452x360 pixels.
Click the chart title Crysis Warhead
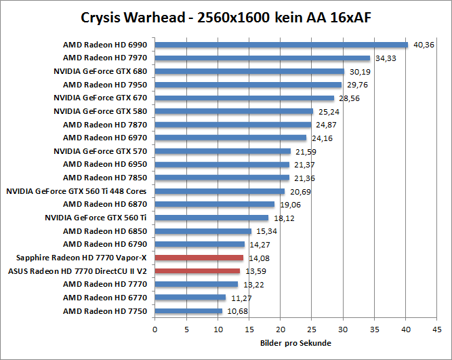click(x=225, y=16)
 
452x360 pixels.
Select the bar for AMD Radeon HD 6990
click(x=281, y=45)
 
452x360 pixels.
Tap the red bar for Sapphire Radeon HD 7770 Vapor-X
click(x=199, y=258)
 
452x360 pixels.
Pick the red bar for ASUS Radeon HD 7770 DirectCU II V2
click(x=197, y=271)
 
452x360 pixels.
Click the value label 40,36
click(x=424, y=45)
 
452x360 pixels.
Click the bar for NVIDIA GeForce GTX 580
click(x=234, y=111)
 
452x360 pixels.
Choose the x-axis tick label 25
click(x=312, y=329)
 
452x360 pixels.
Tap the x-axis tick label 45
click(x=437, y=329)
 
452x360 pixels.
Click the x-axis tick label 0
click(x=155, y=329)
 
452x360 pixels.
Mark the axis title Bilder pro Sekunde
click(x=295, y=344)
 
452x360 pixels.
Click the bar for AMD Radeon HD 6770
click(x=190, y=298)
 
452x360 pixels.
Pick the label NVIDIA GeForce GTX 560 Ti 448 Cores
click(x=77, y=191)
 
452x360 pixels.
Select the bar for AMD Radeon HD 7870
click(x=233, y=125)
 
